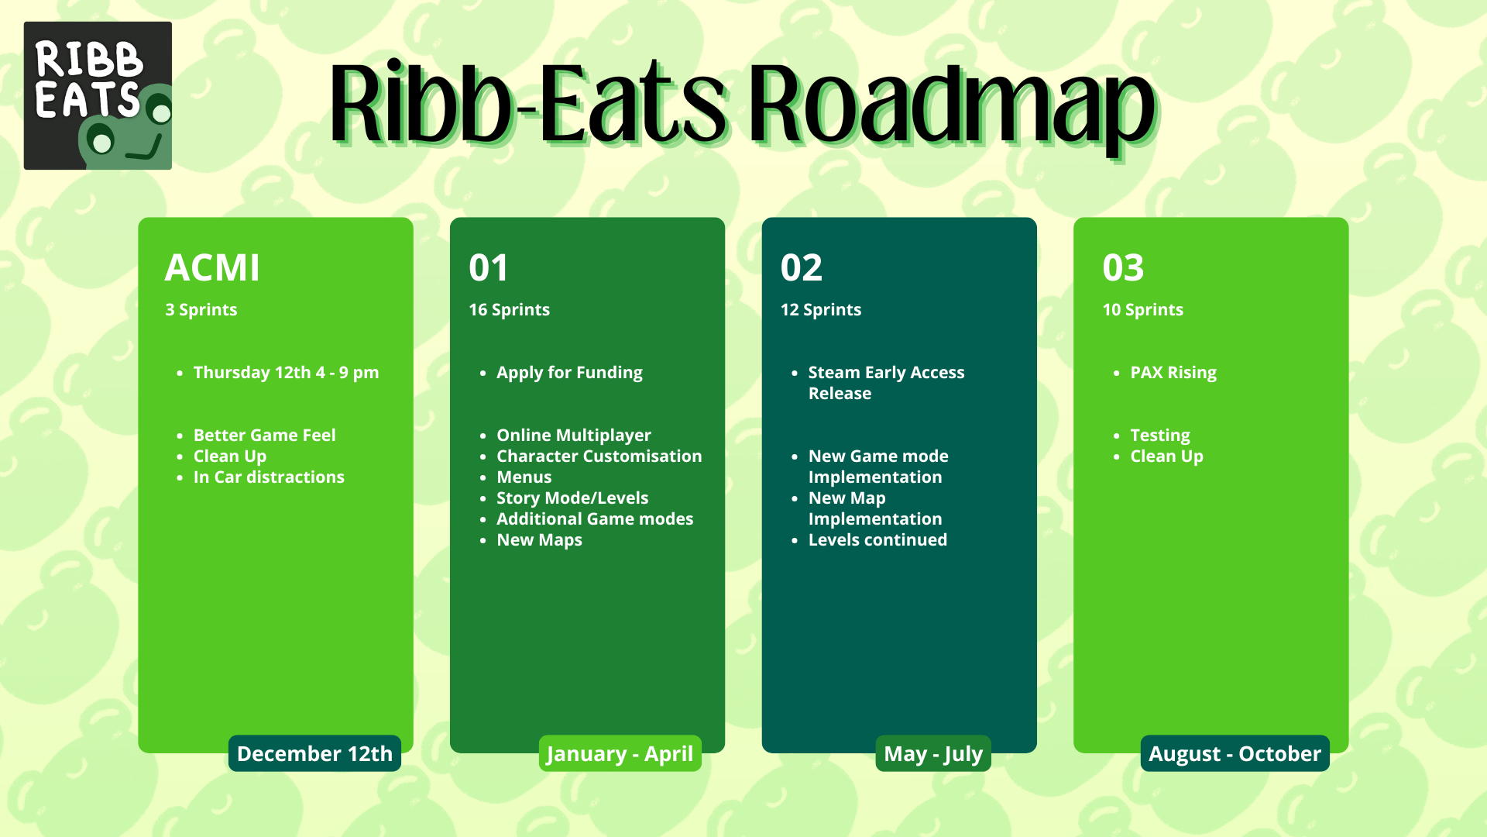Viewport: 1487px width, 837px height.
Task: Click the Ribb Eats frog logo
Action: coord(98,95)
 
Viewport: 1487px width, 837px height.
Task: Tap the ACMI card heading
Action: coord(212,268)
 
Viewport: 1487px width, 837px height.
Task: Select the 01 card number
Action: coord(489,268)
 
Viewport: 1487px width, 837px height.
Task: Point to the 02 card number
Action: coord(802,268)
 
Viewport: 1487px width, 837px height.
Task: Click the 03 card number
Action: coord(1123,268)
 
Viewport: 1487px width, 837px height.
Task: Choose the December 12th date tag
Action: coord(314,753)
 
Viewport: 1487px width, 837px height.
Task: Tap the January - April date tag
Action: coord(620,753)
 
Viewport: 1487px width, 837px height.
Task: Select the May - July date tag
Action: coord(933,753)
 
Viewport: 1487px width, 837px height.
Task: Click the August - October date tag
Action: coord(1235,753)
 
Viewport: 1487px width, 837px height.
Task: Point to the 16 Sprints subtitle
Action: coord(510,310)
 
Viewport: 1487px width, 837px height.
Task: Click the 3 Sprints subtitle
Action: coord(201,310)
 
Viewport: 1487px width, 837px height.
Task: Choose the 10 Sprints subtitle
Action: coord(1143,310)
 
